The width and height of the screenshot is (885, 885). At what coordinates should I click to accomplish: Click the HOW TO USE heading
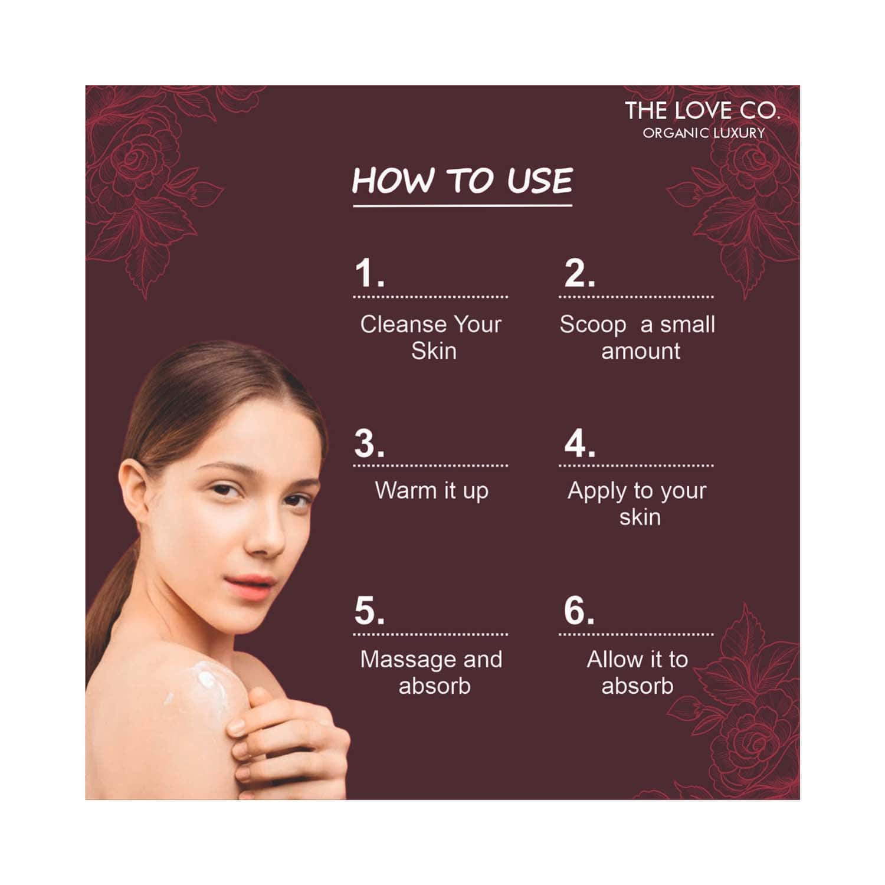pos(463,181)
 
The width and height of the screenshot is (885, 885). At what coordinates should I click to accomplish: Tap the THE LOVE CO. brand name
pos(702,111)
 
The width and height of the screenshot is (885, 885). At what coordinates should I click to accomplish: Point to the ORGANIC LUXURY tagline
pos(704,133)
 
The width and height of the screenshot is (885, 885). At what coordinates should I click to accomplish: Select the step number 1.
pos(369,273)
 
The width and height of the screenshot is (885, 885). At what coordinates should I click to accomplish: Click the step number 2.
pos(579,273)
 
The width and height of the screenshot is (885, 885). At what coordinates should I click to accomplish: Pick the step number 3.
pos(369,443)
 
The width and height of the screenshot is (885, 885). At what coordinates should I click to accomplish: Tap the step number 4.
pos(579,443)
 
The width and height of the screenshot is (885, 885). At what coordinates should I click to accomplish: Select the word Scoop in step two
pos(592,325)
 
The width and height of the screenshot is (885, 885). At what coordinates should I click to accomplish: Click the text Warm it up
pos(432,491)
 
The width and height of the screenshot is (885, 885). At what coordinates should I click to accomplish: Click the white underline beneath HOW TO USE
pos(463,206)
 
